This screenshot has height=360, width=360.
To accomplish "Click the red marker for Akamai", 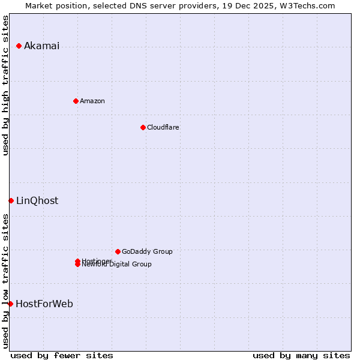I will (19, 46).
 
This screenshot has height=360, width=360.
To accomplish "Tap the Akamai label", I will (41, 46).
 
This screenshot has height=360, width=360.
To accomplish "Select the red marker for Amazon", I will (76, 101).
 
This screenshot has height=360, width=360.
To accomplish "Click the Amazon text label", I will (92, 101).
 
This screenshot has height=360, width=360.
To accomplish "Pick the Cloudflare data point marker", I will (143, 127).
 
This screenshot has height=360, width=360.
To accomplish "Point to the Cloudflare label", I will (163, 127).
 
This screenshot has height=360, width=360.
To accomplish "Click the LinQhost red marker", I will (11, 200).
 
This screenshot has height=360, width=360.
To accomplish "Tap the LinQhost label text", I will (37, 200).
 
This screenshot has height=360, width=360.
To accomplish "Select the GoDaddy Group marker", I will (118, 251).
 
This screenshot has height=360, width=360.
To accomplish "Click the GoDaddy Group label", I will (147, 251).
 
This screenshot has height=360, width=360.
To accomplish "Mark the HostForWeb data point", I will (10, 304).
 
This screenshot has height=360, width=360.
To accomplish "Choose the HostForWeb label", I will (44, 304).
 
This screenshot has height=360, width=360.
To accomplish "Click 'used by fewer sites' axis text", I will (62, 355).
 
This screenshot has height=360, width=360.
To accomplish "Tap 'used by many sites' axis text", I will (301, 355).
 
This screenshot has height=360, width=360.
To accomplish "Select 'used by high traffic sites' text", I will (6, 85).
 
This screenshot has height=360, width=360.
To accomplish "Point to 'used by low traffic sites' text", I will (6, 280).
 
